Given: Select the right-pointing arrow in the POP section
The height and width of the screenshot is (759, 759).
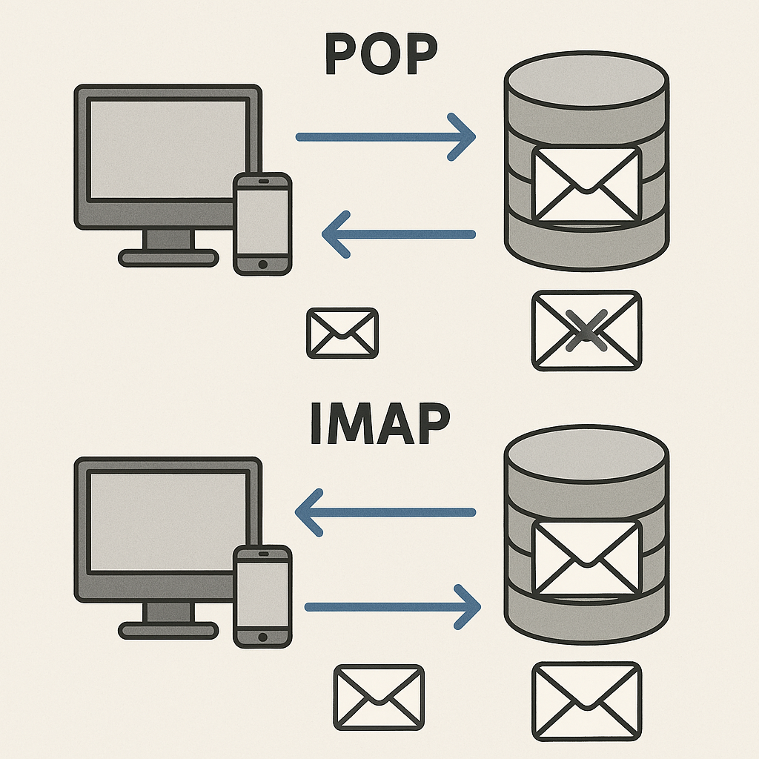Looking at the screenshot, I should [385, 137].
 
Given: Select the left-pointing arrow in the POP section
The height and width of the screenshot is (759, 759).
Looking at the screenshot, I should [398, 234].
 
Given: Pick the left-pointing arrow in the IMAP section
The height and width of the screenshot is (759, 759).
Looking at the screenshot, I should [385, 511].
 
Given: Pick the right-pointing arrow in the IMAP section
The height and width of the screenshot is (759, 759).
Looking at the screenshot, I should [393, 607].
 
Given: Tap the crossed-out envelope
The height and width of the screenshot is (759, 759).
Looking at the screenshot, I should [586, 331].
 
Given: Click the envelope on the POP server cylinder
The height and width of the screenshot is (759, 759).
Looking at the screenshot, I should [586, 184].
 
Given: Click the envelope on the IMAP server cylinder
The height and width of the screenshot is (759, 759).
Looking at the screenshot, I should [586, 557].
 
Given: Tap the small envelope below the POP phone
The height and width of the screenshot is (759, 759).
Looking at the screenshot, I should [342, 333].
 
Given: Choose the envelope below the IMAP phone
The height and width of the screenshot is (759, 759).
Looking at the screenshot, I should [379, 696].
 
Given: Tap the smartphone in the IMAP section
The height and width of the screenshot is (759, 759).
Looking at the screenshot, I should [262, 596].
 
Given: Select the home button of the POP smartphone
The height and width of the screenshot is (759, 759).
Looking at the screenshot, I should [262, 264].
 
